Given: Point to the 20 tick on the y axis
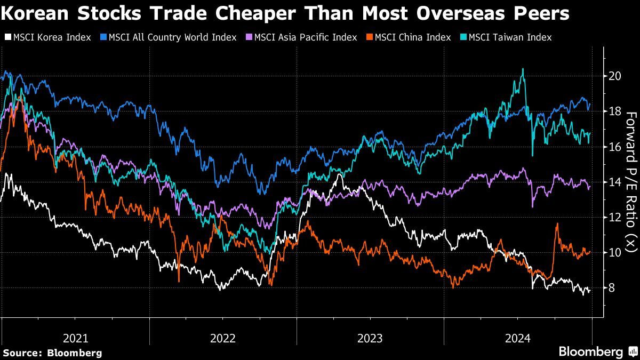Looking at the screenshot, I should click(614, 76).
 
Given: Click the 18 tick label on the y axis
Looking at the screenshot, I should click(614, 111).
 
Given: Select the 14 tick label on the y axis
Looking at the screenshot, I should click(614, 182).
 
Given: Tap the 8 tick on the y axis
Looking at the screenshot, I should click(612, 288).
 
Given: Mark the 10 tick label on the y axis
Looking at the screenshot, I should click(614, 252).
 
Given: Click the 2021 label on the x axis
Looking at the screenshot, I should click(75, 338).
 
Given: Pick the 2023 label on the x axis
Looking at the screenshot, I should click(370, 338).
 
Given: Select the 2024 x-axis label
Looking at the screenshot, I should click(517, 338).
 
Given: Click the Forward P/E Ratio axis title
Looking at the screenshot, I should click(630, 182).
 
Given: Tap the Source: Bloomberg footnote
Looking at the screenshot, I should click(52, 353).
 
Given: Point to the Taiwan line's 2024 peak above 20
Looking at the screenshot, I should click(523, 69).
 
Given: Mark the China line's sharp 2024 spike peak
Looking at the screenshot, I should click(557, 224).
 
